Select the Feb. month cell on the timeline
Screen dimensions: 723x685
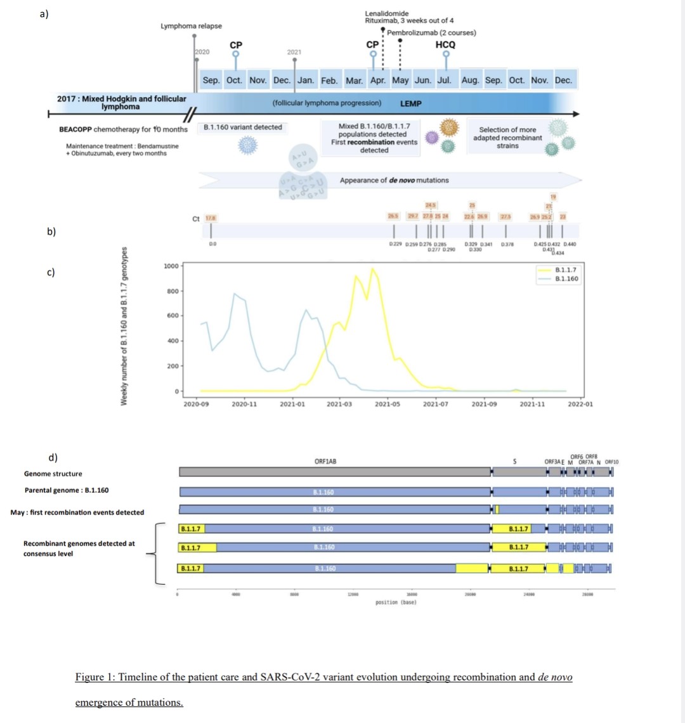click(329, 81)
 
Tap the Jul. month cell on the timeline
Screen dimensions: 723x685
click(445, 81)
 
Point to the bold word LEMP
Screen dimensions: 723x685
click(411, 103)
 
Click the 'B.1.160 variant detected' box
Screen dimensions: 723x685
click(243, 127)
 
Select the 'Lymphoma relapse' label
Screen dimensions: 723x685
click(191, 26)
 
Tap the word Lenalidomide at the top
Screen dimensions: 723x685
click(387, 13)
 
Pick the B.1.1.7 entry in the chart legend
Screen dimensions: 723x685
click(566, 270)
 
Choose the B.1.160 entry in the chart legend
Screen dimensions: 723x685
click(566, 278)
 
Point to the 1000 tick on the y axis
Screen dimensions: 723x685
click(171, 266)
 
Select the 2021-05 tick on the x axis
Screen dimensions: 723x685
click(387, 404)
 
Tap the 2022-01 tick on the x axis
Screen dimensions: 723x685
click(580, 404)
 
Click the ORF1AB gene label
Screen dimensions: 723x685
click(325, 461)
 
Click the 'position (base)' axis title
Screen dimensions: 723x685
click(396, 602)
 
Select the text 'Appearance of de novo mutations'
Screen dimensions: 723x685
click(394, 180)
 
